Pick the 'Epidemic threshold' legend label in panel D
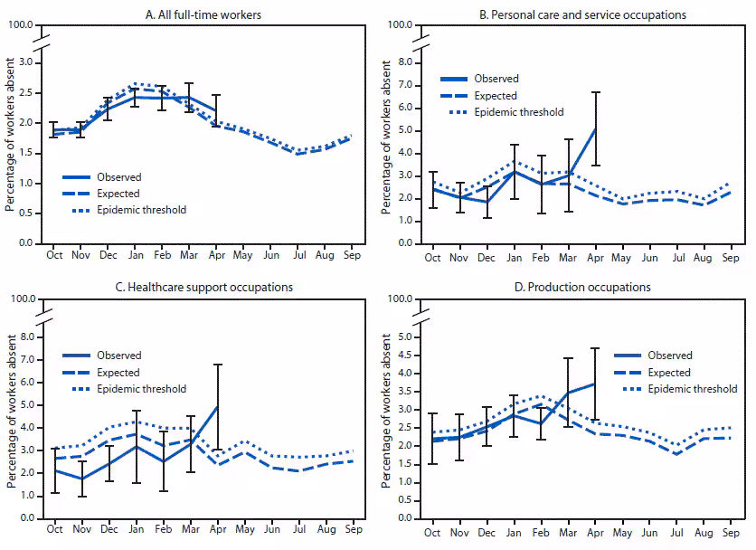692,389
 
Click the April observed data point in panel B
595,128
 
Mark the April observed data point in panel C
217,406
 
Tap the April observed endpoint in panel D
595,384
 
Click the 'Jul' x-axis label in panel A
300,256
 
